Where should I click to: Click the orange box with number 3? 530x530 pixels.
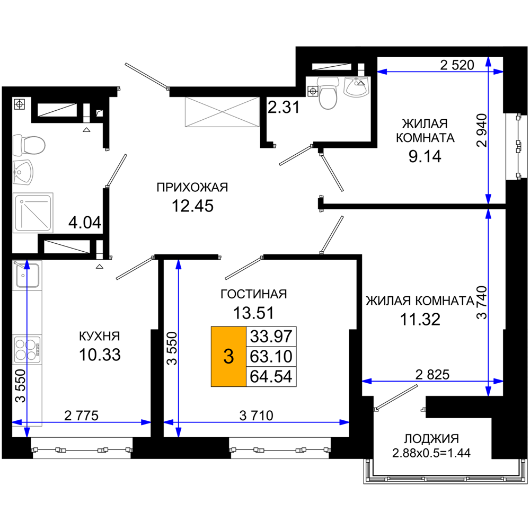228,356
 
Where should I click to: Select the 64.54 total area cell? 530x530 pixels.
271,376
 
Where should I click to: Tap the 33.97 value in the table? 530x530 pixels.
271,337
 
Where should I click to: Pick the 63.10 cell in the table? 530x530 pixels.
271,357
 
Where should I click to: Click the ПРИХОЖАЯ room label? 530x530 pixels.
192,187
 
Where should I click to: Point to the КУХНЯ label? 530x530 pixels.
100,337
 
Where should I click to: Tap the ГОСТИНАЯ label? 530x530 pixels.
253,294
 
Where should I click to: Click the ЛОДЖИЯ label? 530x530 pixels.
431,439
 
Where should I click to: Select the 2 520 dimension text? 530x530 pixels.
457,65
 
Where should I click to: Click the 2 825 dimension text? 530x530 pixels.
432,375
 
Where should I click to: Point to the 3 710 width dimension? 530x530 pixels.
256,416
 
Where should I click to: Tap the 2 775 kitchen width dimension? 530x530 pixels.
81,416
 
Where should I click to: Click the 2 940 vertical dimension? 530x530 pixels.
482,130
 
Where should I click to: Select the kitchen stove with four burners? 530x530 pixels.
28,349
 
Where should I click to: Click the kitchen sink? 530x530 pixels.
28,275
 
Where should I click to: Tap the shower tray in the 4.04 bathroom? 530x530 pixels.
33,213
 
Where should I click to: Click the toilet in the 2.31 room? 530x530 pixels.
328,92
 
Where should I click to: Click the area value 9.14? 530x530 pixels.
425,156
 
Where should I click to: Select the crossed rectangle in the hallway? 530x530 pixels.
222,112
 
